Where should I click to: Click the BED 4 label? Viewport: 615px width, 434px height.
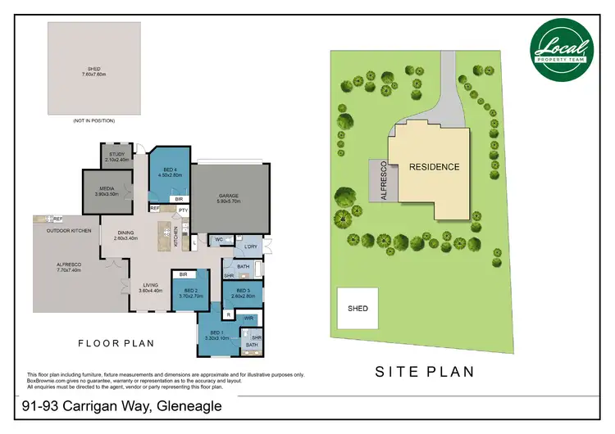(170, 171)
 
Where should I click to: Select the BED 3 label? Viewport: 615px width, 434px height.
(242, 293)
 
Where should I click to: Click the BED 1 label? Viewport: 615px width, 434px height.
(213, 335)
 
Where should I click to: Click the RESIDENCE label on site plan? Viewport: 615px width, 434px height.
(435, 166)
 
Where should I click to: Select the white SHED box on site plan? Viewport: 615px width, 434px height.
(358, 309)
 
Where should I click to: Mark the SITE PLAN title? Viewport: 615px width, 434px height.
(424, 371)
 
